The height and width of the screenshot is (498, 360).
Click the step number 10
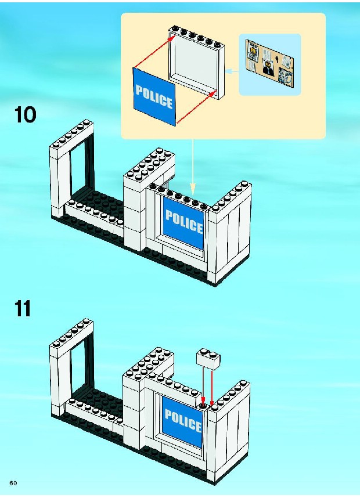coord(25,116)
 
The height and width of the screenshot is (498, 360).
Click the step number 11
coord(23,308)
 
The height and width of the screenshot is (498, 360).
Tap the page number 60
coord(13,483)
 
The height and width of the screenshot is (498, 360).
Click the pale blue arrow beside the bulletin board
coord(232,71)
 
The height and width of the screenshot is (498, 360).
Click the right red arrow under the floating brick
coord(213,386)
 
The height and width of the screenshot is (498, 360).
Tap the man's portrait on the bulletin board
coord(268,67)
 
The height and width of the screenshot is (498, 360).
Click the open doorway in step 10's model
coord(80,168)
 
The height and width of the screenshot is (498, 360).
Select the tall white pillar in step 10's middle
coord(135,215)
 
